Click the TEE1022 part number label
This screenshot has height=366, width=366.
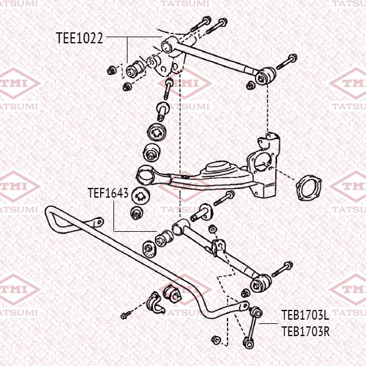[79, 38]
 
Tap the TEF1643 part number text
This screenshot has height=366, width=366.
[107, 194]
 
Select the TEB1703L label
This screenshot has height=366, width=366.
[305, 315]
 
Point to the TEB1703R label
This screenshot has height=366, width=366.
[305, 332]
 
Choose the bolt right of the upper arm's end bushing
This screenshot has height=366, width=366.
[287, 61]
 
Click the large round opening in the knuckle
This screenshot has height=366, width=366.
[265, 165]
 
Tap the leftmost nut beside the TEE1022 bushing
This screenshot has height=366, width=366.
[111, 68]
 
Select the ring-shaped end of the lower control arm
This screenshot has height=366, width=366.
[146, 173]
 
